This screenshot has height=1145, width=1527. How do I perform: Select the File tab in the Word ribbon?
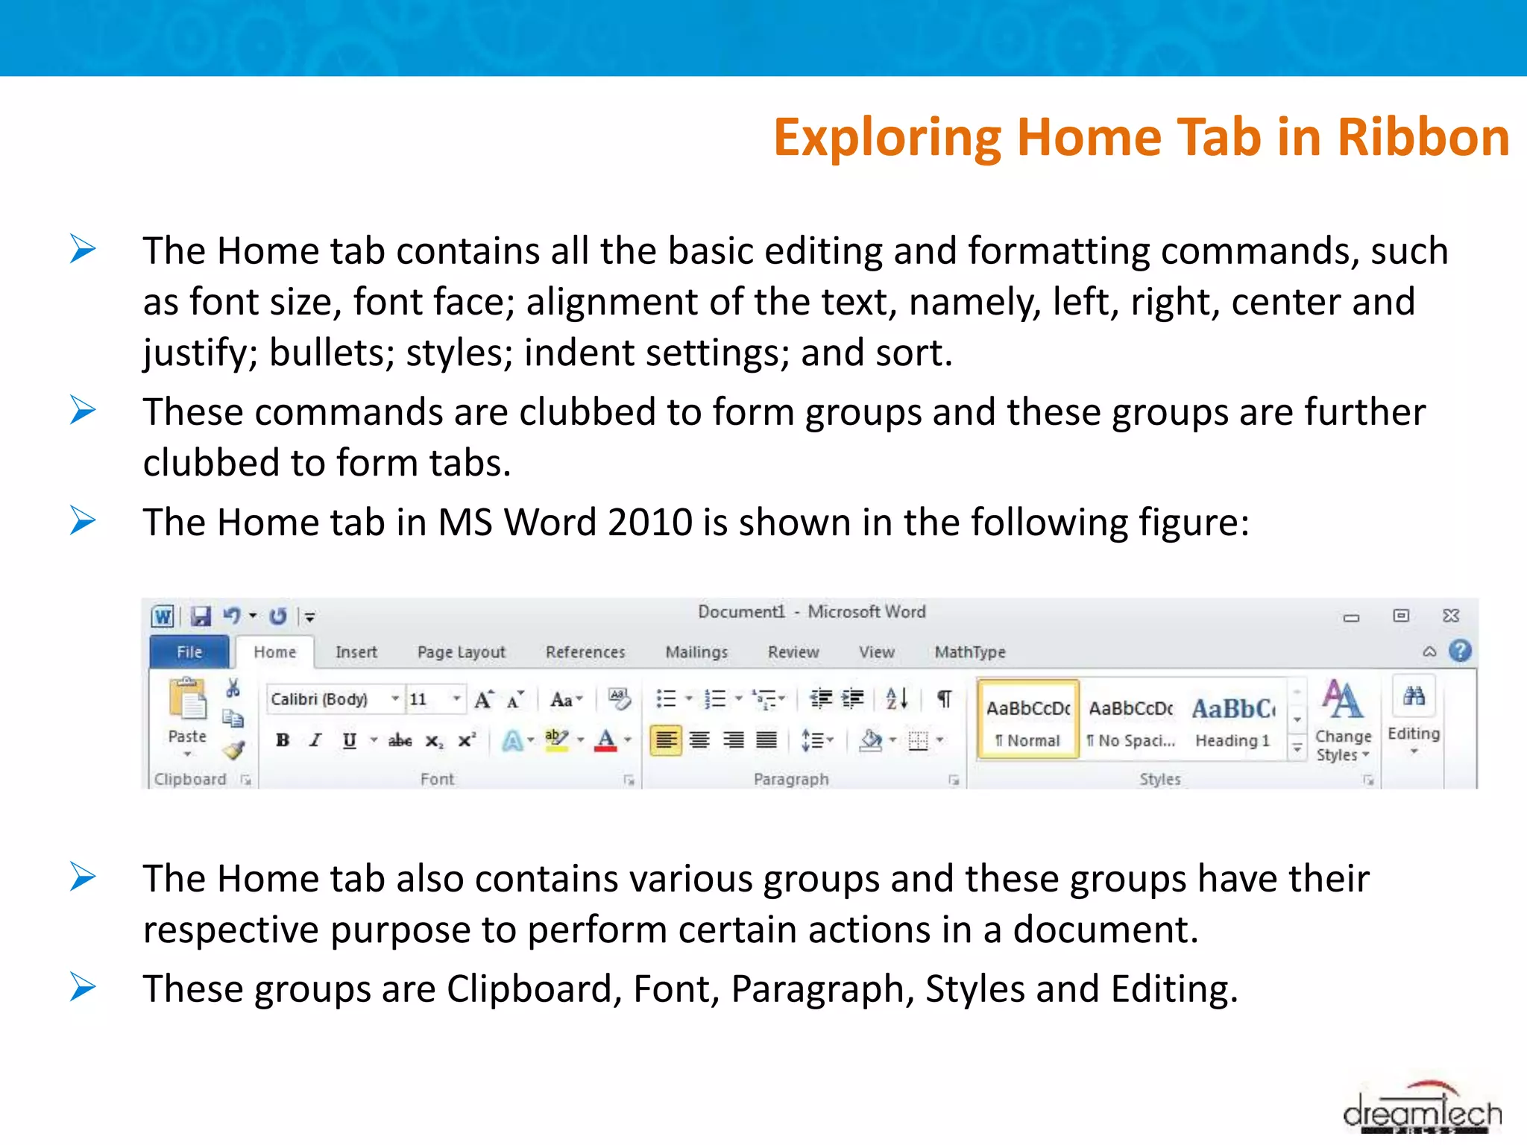click(189, 652)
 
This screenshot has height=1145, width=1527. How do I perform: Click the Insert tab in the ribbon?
click(356, 652)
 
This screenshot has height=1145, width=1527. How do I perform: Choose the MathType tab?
click(969, 652)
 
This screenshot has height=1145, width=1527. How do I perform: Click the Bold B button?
click(283, 740)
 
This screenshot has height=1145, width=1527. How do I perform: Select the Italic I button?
click(315, 740)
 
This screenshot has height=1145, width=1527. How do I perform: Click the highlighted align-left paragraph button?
click(666, 740)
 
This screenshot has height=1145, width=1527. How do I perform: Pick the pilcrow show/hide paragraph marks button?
click(944, 699)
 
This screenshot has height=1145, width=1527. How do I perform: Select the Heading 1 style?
click(1232, 720)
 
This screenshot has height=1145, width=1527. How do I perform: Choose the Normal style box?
click(1028, 720)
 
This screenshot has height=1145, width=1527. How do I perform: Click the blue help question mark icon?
click(1460, 651)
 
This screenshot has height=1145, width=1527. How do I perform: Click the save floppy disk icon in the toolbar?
click(200, 616)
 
